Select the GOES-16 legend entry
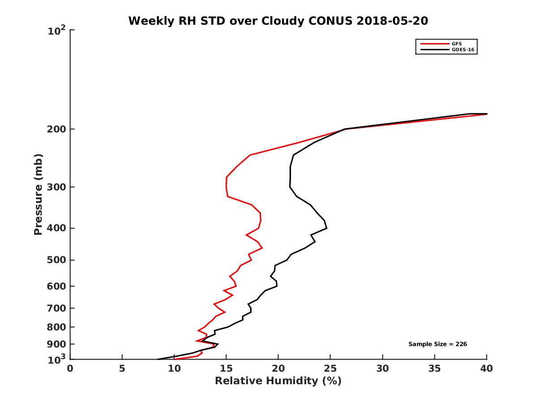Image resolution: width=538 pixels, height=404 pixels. pyautogui.click(x=462, y=50)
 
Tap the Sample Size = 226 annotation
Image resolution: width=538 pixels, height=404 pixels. pyautogui.click(x=438, y=344)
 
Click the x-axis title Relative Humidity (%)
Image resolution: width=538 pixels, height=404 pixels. pyautogui.click(x=278, y=381)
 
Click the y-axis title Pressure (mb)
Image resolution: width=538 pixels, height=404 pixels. pyautogui.click(x=38, y=194)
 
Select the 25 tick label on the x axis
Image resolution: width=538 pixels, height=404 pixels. pyautogui.click(x=330, y=369)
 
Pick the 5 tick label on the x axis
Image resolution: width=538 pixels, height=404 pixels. pyautogui.click(x=122, y=369)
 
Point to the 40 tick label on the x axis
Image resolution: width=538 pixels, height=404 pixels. pyautogui.click(x=486, y=369)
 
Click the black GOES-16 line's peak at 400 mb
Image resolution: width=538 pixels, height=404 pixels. pyautogui.click(x=327, y=228)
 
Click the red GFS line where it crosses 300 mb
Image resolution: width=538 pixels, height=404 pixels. pyautogui.click(x=226, y=187)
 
